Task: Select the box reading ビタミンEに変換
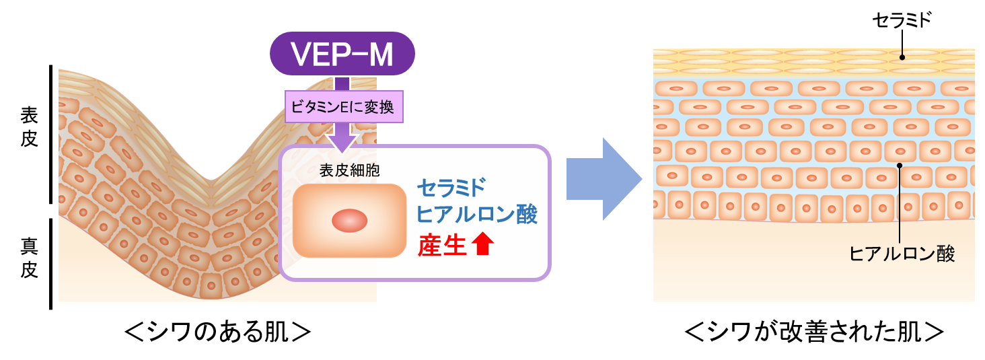click(x=344, y=107)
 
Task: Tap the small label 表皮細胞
click(x=349, y=171)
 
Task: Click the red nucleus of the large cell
click(x=350, y=221)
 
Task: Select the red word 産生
click(x=442, y=246)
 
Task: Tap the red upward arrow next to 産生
click(x=483, y=246)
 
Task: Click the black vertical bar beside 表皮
click(x=51, y=135)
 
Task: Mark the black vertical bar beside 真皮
click(x=51, y=263)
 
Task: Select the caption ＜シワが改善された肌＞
click(x=815, y=332)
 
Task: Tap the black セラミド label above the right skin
click(x=902, y=20)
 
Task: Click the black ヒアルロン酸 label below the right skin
click(x=902, y=254)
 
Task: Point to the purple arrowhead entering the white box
click(x=342, y=140)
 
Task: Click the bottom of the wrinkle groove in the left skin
click(x=211, y=180)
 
